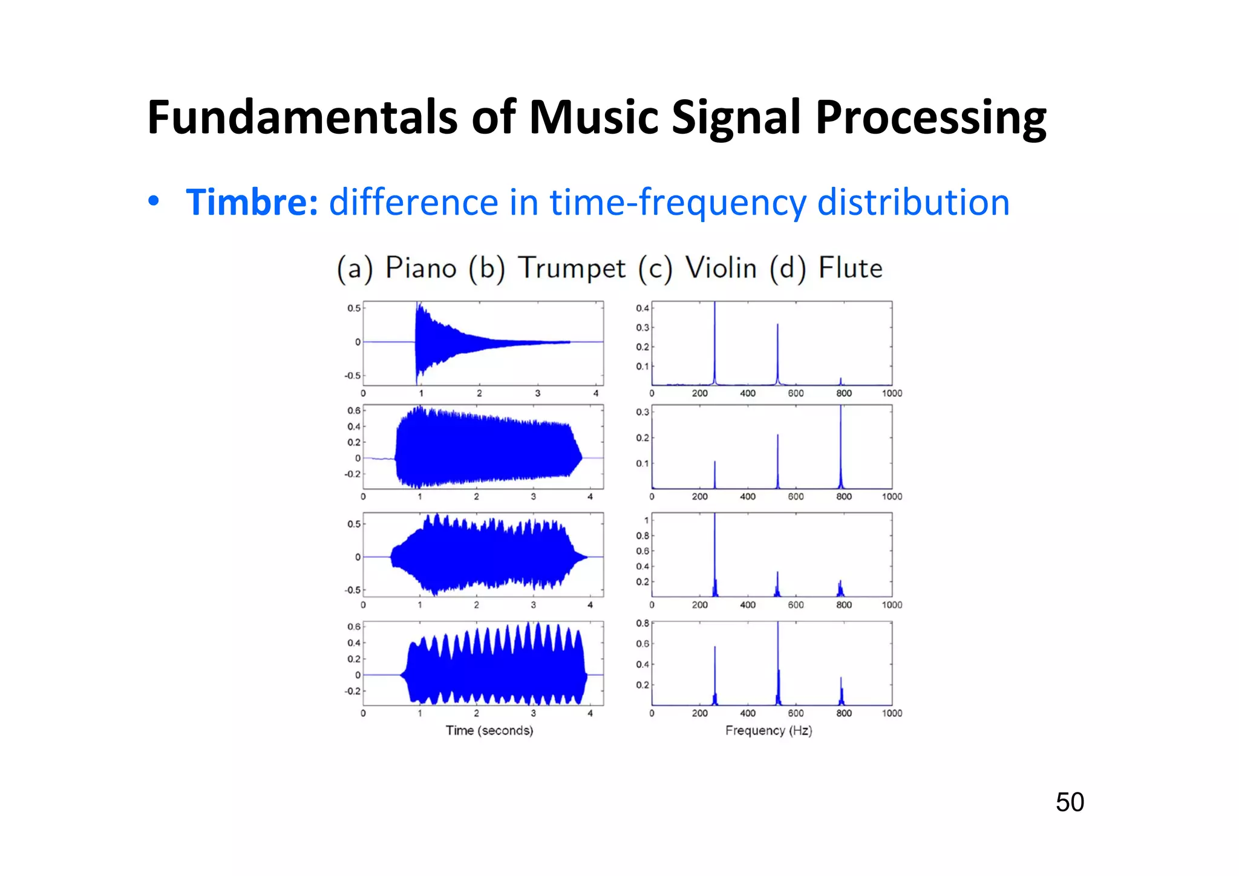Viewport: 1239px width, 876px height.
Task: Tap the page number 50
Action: click(x=1070, y=802)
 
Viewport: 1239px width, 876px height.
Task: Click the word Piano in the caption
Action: click(x=421, y=268)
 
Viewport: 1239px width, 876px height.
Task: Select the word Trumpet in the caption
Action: click(x=572, y=269)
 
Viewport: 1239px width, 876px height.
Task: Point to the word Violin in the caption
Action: click(x=721, y=268)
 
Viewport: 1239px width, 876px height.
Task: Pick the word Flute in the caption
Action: click(x=850, y=268)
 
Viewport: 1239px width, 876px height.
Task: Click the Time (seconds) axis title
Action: click(x=489, y=730)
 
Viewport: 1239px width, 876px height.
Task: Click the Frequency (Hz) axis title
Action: click(x=768, y=730)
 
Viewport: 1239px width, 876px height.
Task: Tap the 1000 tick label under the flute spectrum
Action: click(x=892, y=713)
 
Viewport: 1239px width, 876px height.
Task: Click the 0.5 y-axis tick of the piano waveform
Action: click(x=354, y=308)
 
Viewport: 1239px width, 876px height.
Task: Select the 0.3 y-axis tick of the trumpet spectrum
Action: click(x=642, y=412)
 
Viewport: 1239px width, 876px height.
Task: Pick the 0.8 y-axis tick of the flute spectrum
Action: click(x=642, y=623)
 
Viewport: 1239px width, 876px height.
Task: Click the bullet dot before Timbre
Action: click(x=154, y=201)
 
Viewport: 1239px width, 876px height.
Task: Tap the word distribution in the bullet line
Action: click(x=913, y=202)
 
